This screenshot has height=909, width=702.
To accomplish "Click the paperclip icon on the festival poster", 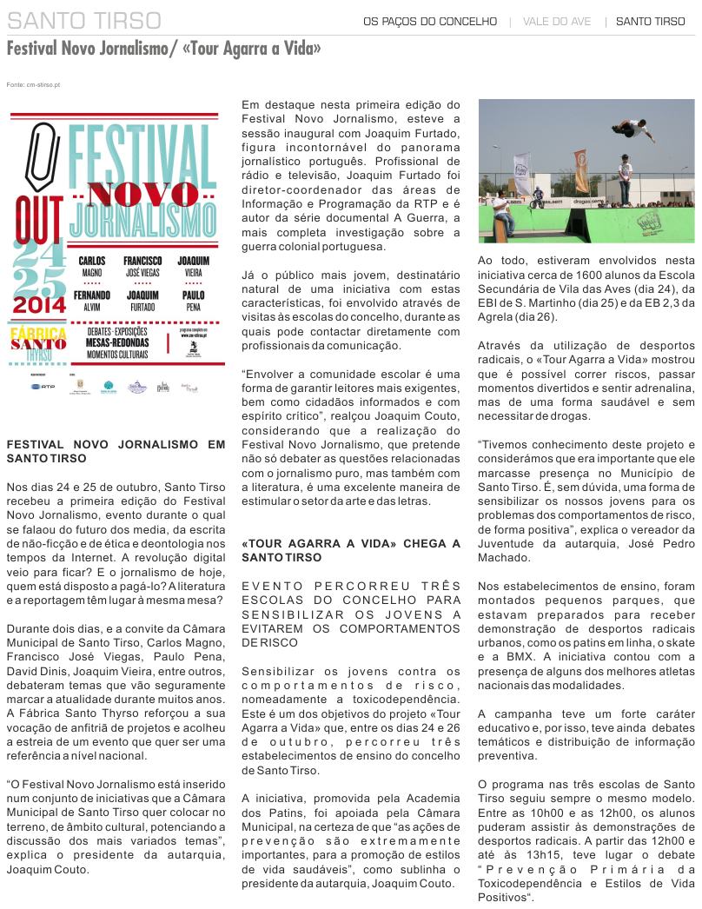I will point(40,156).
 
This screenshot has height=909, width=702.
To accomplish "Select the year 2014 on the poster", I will point(39,305).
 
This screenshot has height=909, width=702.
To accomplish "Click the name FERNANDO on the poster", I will point(93,295).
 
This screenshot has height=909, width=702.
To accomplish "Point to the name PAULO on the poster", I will point(193,295).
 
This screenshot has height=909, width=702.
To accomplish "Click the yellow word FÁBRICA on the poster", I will point(37,333).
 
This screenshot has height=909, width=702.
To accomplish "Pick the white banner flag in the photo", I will point(522,173).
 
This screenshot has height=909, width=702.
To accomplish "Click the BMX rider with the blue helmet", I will point(538,196).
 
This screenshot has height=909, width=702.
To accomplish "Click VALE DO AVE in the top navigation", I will point(557,21).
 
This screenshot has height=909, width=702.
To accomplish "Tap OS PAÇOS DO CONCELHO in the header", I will point(430,21).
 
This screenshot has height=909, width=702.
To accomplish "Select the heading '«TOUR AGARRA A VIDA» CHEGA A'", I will point(350,543).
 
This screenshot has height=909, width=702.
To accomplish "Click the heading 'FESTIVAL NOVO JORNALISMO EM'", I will point(115,444).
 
